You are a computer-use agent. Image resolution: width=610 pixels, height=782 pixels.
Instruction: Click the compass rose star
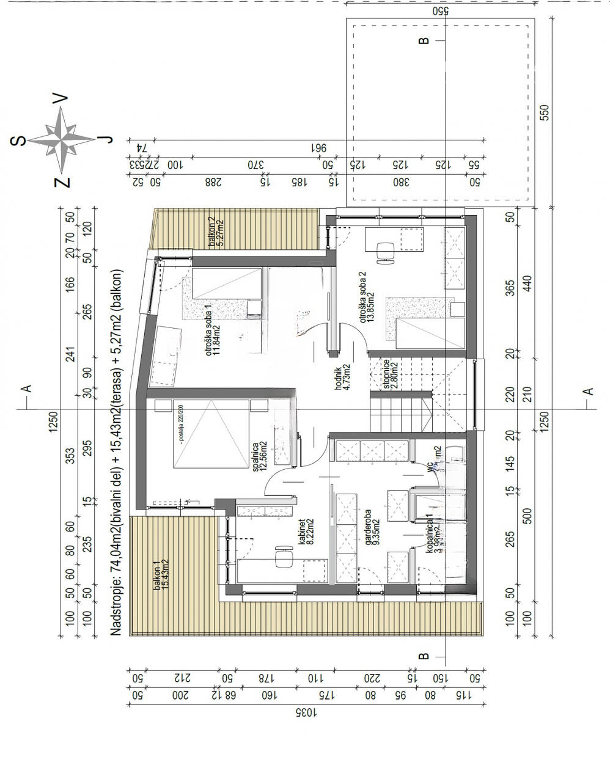(x=62, y=140)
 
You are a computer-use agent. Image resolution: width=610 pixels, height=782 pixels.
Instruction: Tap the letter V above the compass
(x=61, y=99)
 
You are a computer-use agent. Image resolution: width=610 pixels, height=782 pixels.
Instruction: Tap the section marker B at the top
(x=423, y=41)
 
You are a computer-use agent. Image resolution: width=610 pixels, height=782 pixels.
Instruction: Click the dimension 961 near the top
(x=318, y=147)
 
